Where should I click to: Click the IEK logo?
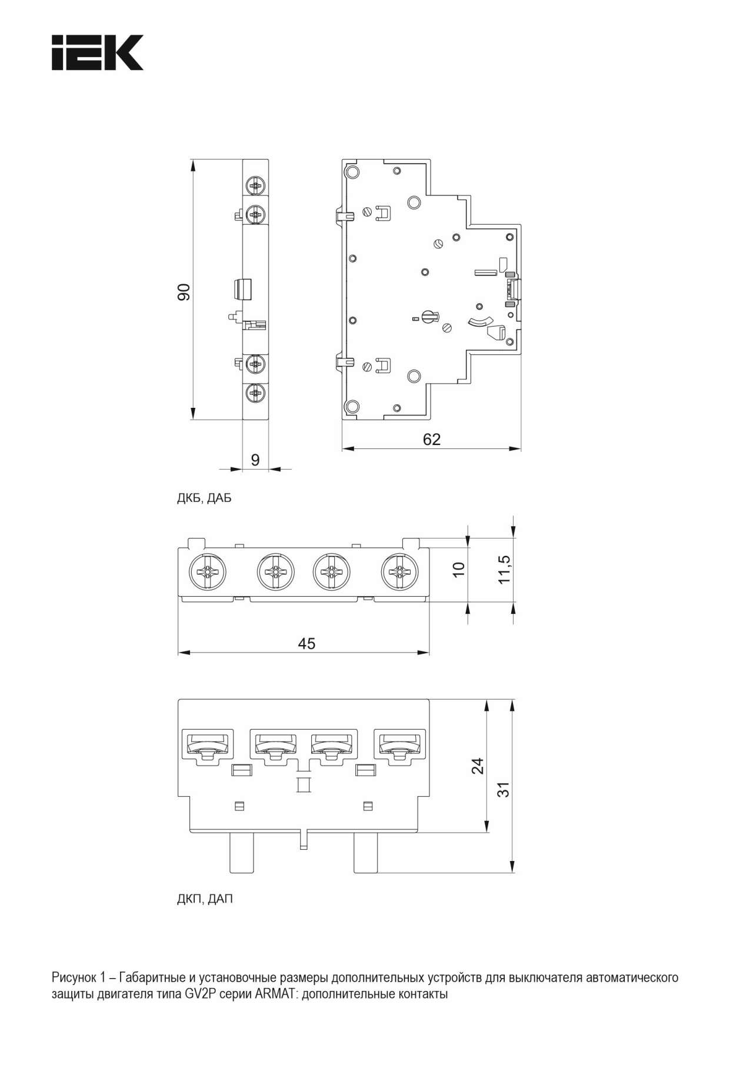click(98, 52)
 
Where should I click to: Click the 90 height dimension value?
click(184, 292)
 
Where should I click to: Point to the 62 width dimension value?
click(432, 440)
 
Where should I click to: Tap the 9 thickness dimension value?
click(255, 460)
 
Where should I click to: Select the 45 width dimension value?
click(306, 643)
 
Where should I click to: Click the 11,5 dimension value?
click(504, 569)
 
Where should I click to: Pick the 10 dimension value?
click(458, 569)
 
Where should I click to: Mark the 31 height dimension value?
click(503, 789)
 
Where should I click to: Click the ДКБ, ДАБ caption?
click(204, 498)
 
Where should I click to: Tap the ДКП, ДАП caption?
click(205, 899)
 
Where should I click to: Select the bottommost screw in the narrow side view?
click(256, 393)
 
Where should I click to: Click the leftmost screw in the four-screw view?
click(208, 571)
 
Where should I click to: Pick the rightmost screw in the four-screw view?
click(400, 571)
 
